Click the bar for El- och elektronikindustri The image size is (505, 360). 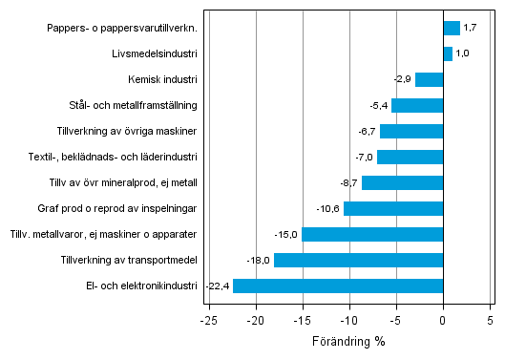(338, 286)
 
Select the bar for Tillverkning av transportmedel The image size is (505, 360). (358, 260)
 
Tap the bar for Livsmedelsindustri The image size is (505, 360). (448, 53)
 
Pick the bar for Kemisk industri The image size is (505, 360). (430, 79)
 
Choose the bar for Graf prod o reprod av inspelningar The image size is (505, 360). (393, 208)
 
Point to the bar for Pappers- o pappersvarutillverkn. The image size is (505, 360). (452, 28)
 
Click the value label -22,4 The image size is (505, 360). (217, 286)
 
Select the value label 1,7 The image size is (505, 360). (470, 28)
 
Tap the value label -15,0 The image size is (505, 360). (286, 234)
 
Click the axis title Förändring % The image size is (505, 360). (348, 341)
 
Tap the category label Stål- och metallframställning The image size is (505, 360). (128, 105)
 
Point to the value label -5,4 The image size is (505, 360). (378, 105)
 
